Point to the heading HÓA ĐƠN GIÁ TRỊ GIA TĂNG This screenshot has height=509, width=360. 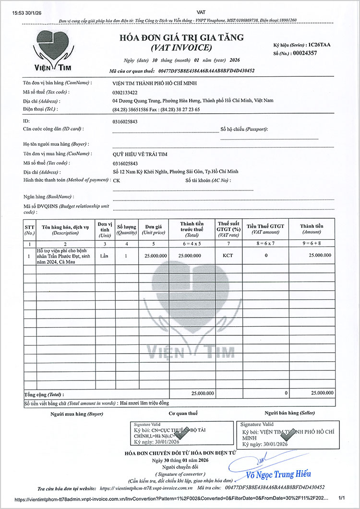click(179, 37)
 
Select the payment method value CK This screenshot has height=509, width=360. click(117, 180)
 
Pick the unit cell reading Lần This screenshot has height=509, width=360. click(104, 256)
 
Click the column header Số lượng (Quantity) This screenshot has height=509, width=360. click(127, 229)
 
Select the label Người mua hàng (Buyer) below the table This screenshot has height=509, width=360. click(70, 414)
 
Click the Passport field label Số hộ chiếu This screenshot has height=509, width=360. click(244, 129)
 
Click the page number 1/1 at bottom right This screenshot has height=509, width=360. click(342, 499)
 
